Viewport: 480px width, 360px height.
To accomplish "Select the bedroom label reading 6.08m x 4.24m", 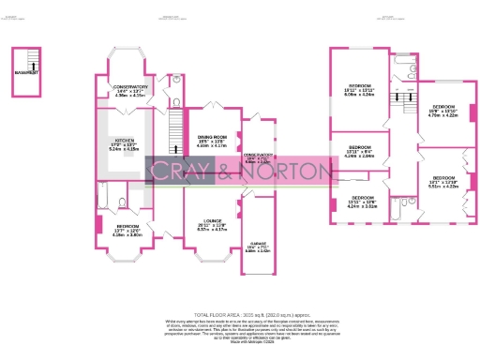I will tap(359, 90).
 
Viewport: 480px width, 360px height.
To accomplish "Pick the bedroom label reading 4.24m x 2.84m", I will tap(360, 152).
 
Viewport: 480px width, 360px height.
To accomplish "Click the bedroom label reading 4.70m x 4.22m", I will tap(441, 112).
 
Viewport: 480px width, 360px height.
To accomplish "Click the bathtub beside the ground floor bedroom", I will tap(105, 200).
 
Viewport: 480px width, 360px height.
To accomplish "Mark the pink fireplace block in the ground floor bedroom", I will tap(99, 226).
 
